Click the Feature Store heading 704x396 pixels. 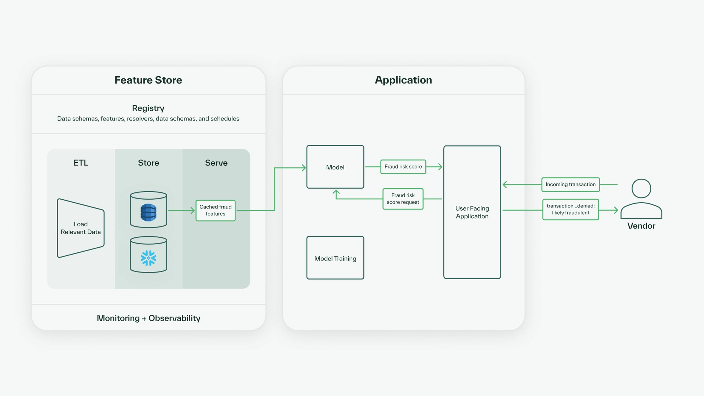click(x=148, y=80)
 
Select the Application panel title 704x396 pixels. click(x=403, y=80)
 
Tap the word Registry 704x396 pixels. click(x=148, y=108)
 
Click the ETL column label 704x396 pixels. click(x=81, y=163)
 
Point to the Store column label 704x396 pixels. click(x=148, y=163)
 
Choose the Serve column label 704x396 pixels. click(x=216, y=163)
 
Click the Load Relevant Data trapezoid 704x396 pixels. click(x=81, y=228)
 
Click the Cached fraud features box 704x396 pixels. click(x=216, y=210)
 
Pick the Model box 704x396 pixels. click(x=335, y=167)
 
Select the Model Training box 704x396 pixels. click(x=335, y=258)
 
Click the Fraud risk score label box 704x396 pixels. click(x=403, y=167)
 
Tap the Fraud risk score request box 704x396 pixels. click(x=403, y=199)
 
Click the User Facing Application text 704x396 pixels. click(x=472, y=212)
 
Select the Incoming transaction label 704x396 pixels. click(x=571, y=184)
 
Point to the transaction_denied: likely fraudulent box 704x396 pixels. click(x=571, y=209)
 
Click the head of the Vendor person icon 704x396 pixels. click(x=641, y=189)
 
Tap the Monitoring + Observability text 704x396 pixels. click(x=148, y=318)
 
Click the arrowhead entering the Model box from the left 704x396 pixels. click(x=304, y=168)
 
